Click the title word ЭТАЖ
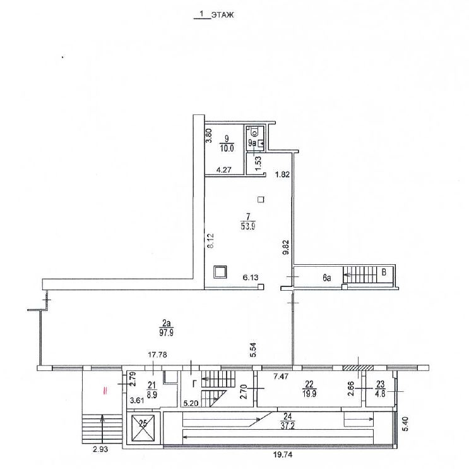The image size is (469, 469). (222, 15)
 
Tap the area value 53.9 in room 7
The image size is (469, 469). (247, 226)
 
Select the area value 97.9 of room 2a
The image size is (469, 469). (166, 332)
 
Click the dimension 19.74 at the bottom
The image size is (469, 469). (283, 454)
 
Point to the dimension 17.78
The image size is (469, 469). (158, 355)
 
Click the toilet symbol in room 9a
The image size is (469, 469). (254, 131)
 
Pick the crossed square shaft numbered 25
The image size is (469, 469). (143, 428)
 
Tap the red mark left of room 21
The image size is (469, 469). (105, 391)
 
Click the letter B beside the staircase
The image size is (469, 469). (384, 272)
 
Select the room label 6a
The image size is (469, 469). (326, 278)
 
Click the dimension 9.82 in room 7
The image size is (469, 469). (286, 247)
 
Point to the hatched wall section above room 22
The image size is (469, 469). (358, 368)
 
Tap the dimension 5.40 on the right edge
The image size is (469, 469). (405, 423)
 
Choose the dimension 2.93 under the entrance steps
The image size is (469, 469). (100, 449)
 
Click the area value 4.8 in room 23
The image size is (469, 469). (380, 393)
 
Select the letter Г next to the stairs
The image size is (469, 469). (194, 383)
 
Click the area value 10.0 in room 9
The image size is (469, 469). (227, 148)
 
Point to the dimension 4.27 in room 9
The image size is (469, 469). (223, 170)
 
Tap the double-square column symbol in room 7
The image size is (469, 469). (220, 272)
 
